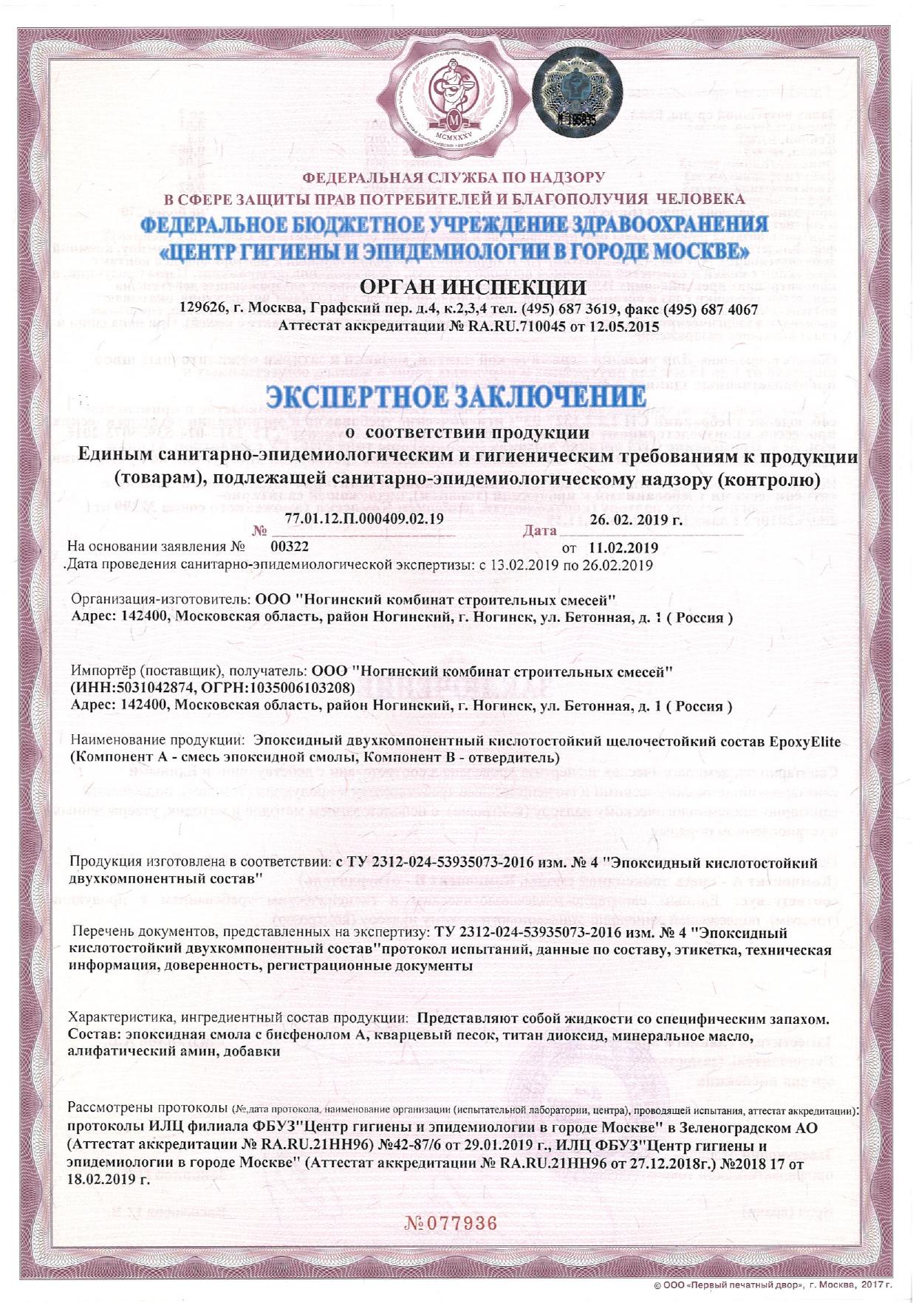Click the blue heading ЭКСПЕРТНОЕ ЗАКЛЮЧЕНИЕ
[456, 396]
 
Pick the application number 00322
[290, 547]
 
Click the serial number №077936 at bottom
[451, 1222]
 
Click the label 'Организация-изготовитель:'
[162, 600]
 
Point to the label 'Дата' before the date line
[539, 530]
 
